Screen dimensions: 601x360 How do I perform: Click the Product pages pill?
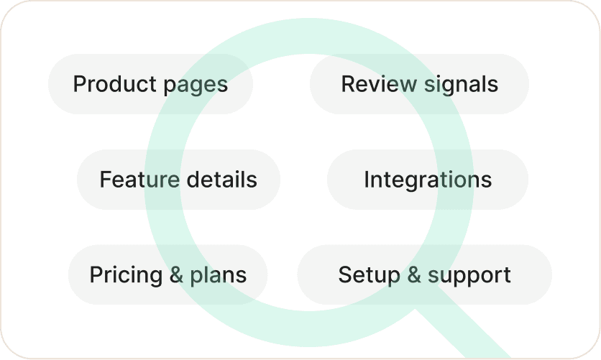[x=151, y=84]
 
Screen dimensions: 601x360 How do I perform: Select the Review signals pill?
[x=419, y=84]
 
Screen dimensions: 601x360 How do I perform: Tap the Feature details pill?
[x=178, y=179]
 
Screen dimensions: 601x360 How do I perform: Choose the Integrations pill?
[x=428, y=179]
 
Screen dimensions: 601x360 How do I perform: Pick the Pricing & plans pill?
[x=168, y=274]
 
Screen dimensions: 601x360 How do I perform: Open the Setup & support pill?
[x=425, y=274]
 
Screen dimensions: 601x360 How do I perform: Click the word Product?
[x=114, y=84]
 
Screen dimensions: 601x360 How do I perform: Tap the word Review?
[x=379, y=84]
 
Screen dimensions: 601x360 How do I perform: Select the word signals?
[x=461, y=85]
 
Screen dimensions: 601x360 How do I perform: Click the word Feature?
[x=139, y=179]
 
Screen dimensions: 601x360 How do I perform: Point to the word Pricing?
[x=126, y=275]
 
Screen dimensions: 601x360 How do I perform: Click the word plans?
[x=219, y=276]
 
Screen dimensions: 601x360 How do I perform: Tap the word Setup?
[x=369, y=275]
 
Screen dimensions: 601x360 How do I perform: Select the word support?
[x=469, y=276]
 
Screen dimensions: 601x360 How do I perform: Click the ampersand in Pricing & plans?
[x=176, y=274]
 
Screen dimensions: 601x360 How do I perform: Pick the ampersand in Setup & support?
[x=414, y=274]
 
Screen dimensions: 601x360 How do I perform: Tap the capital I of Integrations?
[x=366, y=179]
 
